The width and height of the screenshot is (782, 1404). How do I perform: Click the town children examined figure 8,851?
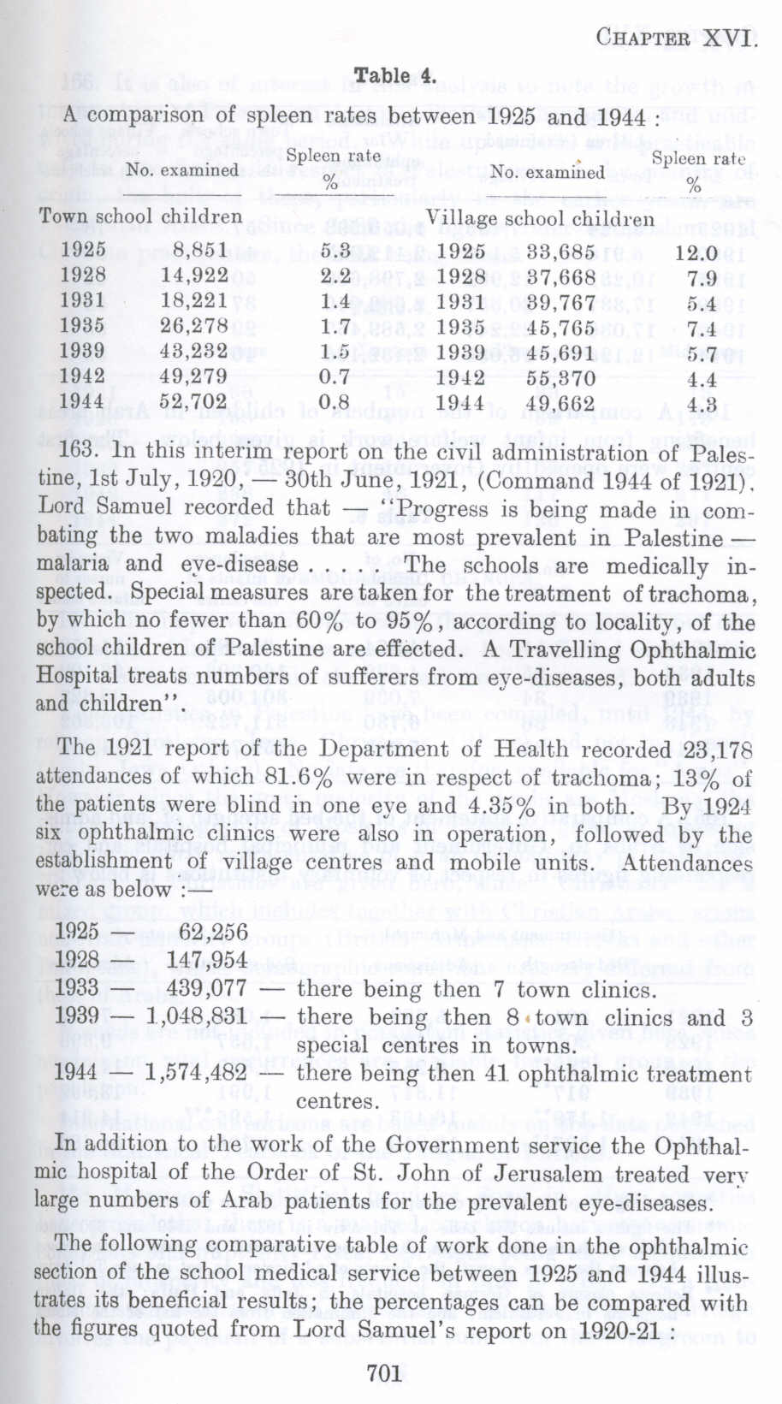195,250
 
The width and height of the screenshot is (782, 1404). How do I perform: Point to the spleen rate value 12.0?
695,253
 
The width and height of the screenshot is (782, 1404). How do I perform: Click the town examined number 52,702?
195,401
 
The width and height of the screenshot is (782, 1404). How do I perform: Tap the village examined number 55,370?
560,377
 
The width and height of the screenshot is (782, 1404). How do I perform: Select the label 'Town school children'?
140,216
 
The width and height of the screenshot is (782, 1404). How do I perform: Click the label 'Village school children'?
541,218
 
